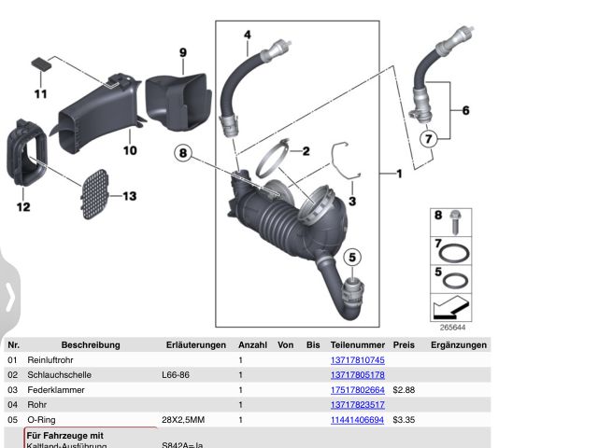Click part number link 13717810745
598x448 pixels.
point(358,359)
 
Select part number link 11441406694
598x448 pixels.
point(358,420)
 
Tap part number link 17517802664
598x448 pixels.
point(358,389)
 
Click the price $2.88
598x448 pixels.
point(404,389)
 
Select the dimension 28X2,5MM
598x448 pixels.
point(182,420)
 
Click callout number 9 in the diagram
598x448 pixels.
point(183,52)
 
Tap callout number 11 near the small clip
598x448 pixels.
point(40,93)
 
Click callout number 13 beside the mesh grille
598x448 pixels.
point(129,196)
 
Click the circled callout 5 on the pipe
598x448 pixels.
point(352,257)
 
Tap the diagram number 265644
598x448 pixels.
point(452,328)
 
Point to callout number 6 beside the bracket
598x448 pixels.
point(465,110)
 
